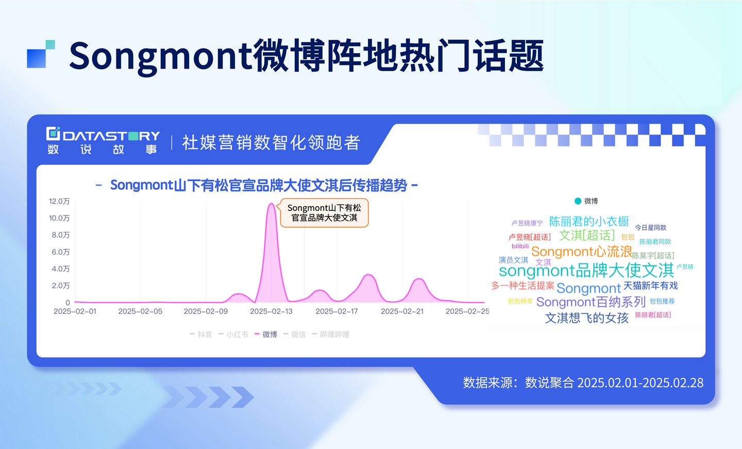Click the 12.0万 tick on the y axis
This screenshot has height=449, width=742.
pos(59,201)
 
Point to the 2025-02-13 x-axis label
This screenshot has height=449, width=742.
pos(271,311)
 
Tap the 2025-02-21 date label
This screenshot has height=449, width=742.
pos(402,311)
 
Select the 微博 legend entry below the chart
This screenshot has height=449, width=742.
pos(266,335)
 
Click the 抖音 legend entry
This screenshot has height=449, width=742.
pos(201,335)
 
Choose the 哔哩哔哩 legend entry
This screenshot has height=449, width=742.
pos(331,335)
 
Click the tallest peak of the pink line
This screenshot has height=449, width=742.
pos(271,204)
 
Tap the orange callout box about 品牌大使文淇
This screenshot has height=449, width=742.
pos(324,213)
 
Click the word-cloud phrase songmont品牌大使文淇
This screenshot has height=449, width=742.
pos(586,271)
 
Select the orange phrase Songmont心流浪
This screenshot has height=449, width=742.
pos(582,252)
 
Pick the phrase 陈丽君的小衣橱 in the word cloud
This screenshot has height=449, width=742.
pos(589,221)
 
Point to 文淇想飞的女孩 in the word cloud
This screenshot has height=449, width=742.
pos(586,318)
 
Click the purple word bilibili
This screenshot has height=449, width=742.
pos(520,246)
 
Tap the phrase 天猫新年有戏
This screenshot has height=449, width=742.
pos(651,285)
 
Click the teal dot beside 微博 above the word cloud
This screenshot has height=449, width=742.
pos(578,201)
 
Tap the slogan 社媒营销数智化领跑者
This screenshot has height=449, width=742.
pos(271,142)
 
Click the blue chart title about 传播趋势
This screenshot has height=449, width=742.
pos(258,185)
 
